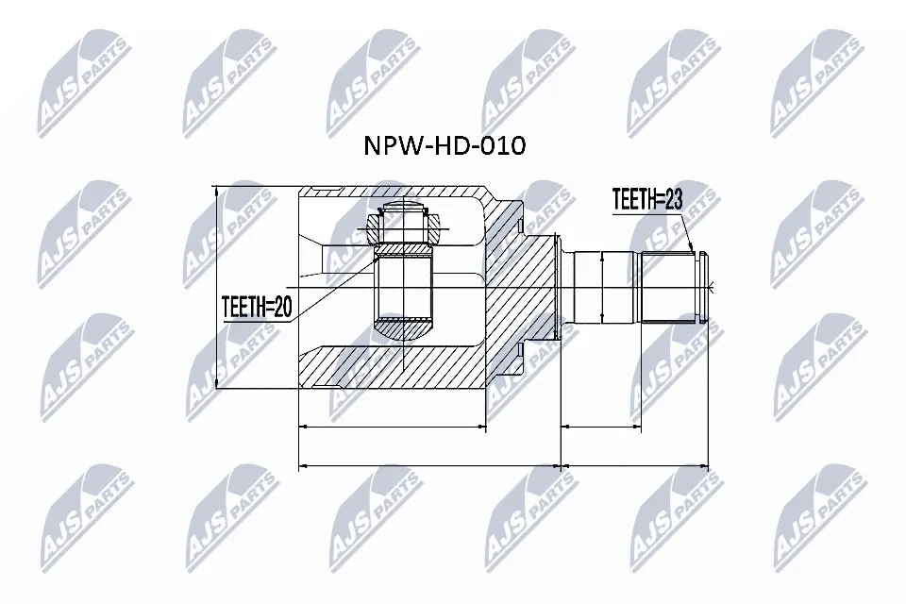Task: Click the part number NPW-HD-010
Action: pos(445,147)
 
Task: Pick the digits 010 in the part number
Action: pos(500,147)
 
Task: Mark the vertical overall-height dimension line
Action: pos(218,287)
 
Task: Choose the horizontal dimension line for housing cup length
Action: pos(393,428)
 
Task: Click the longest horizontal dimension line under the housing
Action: pos(429,465)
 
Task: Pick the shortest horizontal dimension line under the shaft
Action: pos(602,428)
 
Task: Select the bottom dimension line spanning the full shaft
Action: pos(635,465)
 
